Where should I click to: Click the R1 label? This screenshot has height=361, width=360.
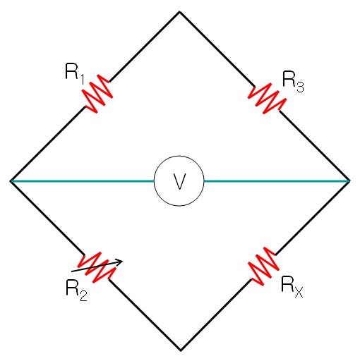point(74,73)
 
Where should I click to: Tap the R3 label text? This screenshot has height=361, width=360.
point(293,81)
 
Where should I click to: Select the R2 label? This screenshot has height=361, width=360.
point(76,290)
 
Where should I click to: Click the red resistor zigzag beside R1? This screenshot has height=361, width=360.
point(97,94)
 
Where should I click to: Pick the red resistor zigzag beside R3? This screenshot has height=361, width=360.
point(268,99)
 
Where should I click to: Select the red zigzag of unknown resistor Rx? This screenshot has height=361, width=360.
point(263,267)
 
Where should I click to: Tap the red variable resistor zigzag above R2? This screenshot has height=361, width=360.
point(97,267)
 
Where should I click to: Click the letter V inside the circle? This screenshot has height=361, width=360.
point(179,181)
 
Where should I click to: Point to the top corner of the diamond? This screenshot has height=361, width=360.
point(179,11)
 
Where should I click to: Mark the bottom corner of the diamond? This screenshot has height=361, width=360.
point(180,350)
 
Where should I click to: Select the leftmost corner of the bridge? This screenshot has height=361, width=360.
point(11,181)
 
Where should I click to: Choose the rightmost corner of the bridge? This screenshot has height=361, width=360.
point(349,181)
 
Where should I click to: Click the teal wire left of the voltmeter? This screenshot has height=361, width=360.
point(83,181)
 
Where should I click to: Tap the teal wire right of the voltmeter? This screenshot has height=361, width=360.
point(277,181)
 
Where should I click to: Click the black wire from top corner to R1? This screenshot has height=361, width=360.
point(144,47)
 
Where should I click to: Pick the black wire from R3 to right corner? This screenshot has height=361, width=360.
point(314,146)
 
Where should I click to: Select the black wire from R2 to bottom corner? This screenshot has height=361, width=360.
point(144,314)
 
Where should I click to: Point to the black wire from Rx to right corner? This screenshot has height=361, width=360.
point(312,218)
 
